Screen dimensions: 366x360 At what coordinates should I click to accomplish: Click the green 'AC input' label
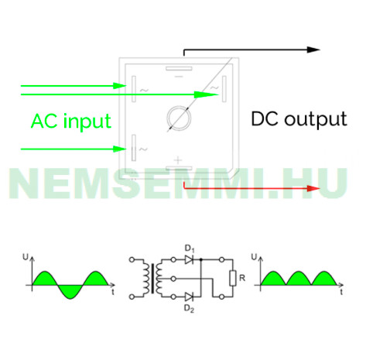tap(71, 121)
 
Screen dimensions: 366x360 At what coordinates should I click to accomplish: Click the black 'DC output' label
tap(299, 119)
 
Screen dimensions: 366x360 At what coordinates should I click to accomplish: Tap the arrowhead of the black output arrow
tap(313, 50)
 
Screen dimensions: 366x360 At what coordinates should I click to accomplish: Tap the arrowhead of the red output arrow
tap(313, 188)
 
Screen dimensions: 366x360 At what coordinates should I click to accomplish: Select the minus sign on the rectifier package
tap(179, 77)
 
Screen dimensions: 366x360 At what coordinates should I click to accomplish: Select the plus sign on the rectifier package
tap(178, 160)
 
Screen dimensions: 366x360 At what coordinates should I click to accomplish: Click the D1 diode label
tap(190, 249)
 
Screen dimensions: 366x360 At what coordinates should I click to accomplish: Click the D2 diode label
tap(189, 308)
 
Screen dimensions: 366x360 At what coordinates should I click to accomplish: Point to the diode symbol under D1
tap(190, 259)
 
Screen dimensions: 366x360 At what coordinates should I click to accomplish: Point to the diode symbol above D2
tap(190, 297)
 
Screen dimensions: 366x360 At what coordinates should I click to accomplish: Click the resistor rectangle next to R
tap(233, 278)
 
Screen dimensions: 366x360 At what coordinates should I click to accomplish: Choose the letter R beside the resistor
tap(242, 278)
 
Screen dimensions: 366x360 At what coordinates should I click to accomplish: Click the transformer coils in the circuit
tap(152, 278)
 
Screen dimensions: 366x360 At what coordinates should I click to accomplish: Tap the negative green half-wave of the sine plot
tap(70, 291)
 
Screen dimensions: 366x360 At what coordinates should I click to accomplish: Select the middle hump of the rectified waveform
tap(299, 279)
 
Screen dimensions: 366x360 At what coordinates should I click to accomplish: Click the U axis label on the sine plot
tap(26, 257)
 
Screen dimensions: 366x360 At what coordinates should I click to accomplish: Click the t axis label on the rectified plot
tap(341, 292)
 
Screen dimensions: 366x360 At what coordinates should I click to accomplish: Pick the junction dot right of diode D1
tap(201, 259)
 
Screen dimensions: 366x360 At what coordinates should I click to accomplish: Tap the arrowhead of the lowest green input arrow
tap(120, 149)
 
